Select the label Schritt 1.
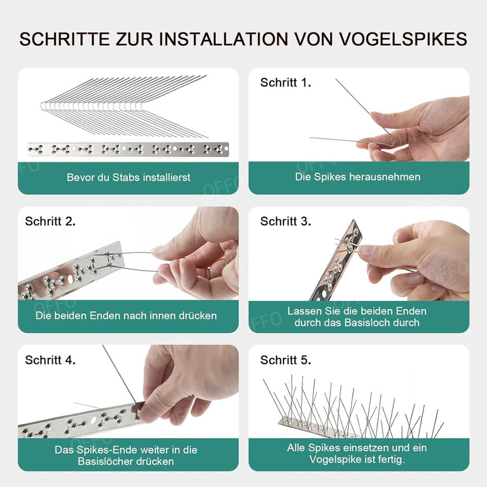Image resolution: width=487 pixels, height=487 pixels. click(x=285, y=83)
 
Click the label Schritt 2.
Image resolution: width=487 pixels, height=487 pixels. click(x=51, y=221)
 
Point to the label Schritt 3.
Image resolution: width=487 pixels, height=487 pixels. click(x=285, y=221)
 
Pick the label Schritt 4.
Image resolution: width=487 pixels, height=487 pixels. click(x=51, y=360)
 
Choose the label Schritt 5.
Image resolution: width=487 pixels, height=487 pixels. click(x=285, y=360)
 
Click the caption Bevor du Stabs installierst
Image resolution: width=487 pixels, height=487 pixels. click(x=129, y=177)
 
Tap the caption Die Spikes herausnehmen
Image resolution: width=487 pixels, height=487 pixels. click(x=358, y=177)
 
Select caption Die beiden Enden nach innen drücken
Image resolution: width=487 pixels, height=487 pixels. click(x=126, y=315)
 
